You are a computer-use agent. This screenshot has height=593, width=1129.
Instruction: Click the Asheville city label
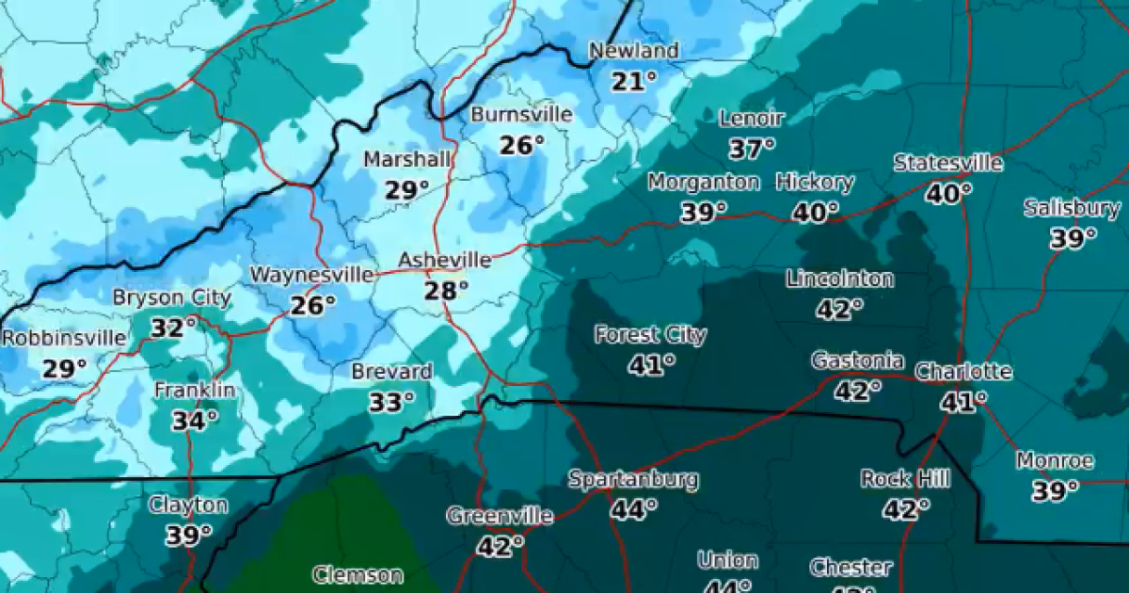[x=444, y=260]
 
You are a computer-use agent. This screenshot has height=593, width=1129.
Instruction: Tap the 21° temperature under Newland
[x=633, y=82]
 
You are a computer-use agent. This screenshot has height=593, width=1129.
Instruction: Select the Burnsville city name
[x=521, y=114]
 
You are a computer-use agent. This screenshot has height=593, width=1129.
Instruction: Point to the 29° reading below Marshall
[x=406, y=190]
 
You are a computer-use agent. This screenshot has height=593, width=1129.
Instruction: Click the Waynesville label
[x=310, y=275]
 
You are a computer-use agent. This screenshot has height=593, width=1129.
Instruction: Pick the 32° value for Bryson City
[x=174, y=328]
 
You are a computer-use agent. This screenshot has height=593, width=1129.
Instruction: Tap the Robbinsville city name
[x=63, y=338]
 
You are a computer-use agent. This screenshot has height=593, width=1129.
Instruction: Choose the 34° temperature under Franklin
[x=195, y=420]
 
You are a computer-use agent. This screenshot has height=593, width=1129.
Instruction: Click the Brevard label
[x=391, y=372]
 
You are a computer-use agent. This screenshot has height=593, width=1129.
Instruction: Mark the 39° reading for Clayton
[x=188, y=536]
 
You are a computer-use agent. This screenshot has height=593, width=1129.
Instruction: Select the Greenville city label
[x=499, y=516]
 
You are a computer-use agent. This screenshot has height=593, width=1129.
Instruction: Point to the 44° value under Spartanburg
[x=633, y=509]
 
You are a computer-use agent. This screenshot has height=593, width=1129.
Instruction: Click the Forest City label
[x=650, y=334]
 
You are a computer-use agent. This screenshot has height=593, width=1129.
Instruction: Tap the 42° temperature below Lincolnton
[x=839, y=309]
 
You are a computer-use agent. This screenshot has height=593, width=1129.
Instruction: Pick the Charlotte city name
[x=963, y=372]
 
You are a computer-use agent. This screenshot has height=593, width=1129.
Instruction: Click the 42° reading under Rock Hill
[x=905, y=509]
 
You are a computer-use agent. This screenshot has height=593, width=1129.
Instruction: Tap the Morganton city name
[x=703, y=182]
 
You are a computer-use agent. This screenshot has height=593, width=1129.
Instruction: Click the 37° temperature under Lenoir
[x=751, y=148]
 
